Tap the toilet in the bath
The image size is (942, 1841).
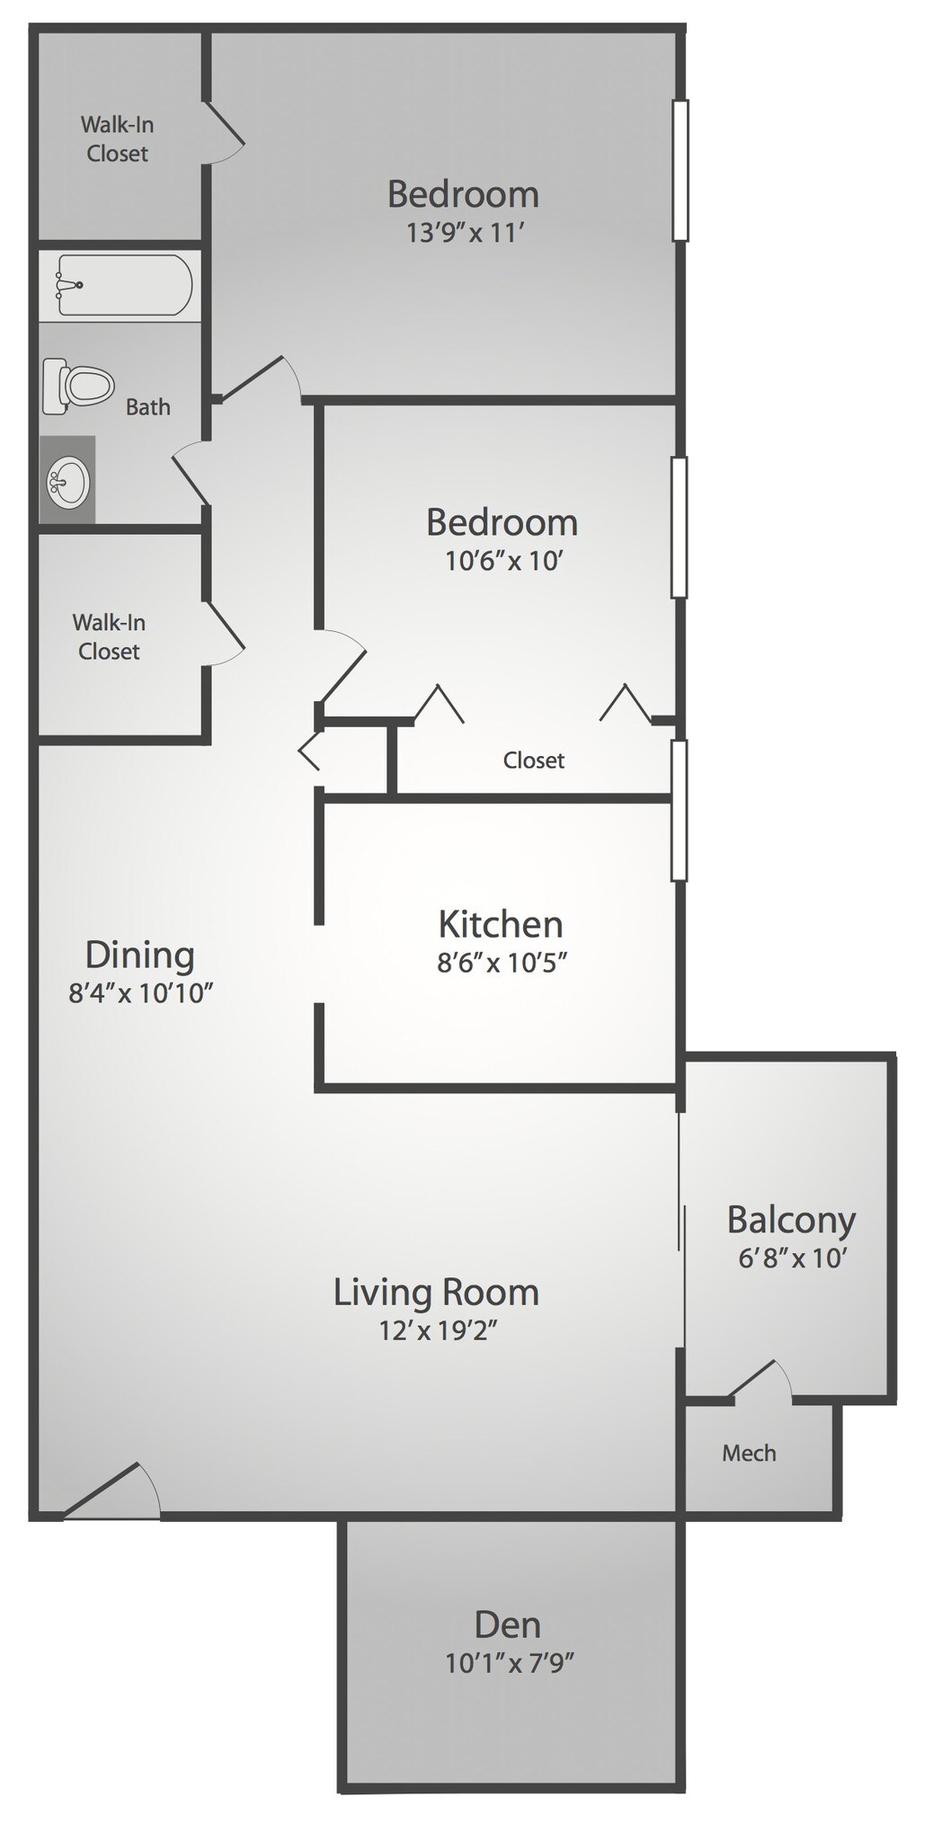point(79,387)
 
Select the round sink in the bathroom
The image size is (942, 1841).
point(67,481)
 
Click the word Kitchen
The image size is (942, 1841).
point(501,924)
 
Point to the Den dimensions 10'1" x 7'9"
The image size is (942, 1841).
point(509,1663)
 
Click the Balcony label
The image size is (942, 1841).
point(791,1220)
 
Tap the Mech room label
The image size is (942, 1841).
point(749,1453)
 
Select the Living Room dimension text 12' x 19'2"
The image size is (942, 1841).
point(438,1330)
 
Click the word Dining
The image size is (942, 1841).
point(139,955)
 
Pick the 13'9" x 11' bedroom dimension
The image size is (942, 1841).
point(465,233)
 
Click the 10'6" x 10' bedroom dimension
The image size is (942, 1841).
point(503,561)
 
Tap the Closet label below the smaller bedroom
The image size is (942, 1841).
point(534,760)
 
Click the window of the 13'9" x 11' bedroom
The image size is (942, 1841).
point(680,170)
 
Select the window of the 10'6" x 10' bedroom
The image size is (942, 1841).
point(680,527)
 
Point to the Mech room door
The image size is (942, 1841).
point(760,1380)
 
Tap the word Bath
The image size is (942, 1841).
point(148,407)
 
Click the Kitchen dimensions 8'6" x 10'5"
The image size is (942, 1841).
point(502,963)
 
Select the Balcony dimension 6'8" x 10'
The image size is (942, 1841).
point(792,1258)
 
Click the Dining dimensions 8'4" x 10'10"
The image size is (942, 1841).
point(140,993)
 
